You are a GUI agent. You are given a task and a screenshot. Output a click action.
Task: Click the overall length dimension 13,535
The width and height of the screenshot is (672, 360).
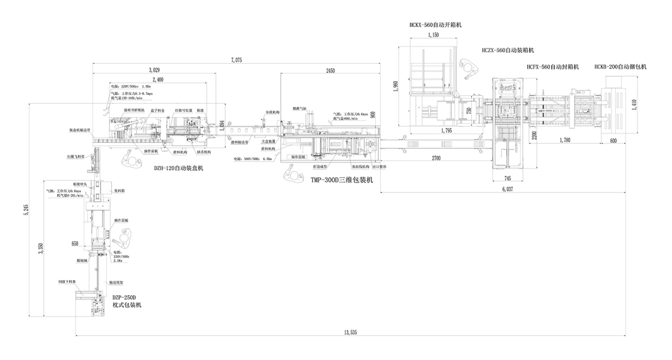pyautogui.click(x=350, y=332)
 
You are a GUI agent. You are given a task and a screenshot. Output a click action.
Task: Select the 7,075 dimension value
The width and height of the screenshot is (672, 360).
pyautogui.click(x=236, y=60)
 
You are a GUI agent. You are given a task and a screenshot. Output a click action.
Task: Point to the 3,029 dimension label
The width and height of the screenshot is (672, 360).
pyautogui.click(x=154, y=69)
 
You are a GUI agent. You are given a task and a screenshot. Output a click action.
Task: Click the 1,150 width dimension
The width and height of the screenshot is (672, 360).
pyautogui.click(x=433, y=35)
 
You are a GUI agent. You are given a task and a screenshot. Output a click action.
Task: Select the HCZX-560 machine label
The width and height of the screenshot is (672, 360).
pyautogui.click(x=508, y=50)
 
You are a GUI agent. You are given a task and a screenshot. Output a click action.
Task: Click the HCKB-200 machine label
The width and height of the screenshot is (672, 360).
pyautogui.click(x=620, y=66)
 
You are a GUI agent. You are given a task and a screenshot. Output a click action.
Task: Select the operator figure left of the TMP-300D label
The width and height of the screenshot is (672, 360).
pyautogui.click(x=293, y=172)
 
